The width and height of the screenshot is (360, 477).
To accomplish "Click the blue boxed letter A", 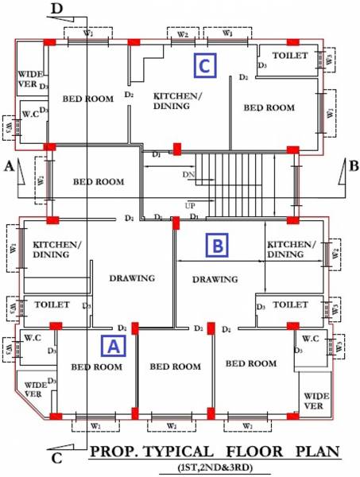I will [x=112, y=346].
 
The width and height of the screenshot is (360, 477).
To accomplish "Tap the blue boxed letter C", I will [x=204, y=67].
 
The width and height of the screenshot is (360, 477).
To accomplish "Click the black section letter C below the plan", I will [x=56, y=458].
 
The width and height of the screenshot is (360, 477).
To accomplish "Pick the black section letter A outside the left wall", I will [x=8, y=167].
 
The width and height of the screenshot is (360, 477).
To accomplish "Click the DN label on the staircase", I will [x=188, y=173].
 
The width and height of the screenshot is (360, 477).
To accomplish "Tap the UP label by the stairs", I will [x=190, y=206].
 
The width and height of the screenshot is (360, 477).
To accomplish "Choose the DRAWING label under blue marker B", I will [x=215, y=279].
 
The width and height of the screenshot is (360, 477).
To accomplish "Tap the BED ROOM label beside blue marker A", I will [x=97, y=366].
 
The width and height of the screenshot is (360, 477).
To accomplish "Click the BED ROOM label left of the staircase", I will [x=99, y=182].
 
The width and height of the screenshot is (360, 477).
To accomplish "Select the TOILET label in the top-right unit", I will [x=289, y=56].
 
